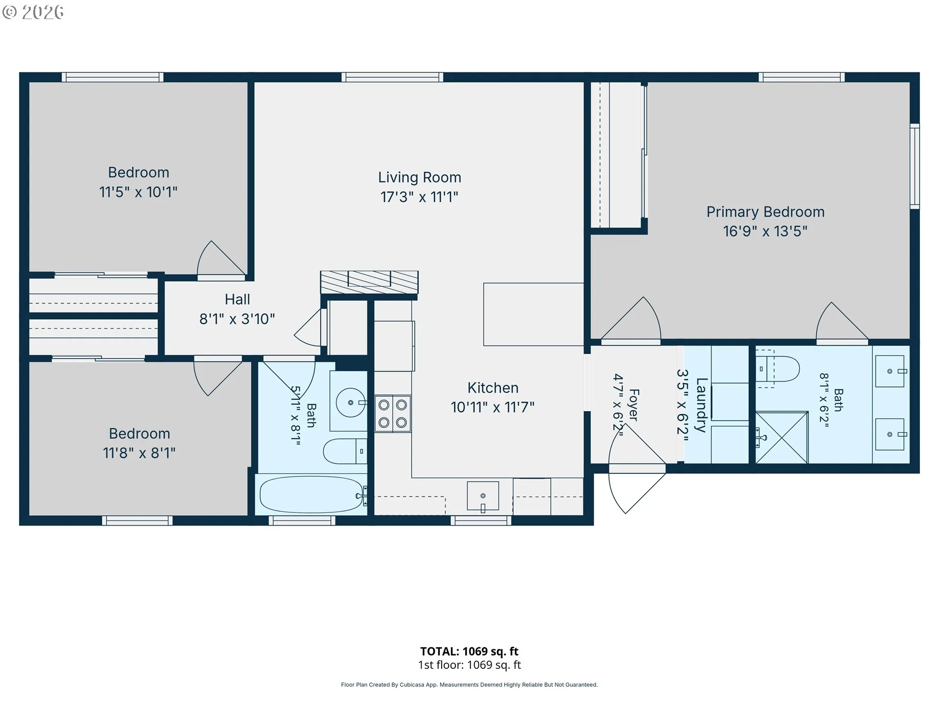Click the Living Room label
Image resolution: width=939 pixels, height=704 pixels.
[419, 177]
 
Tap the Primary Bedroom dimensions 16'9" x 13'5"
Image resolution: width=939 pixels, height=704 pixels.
[765, 231]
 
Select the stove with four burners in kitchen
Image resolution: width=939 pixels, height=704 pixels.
[393, 414]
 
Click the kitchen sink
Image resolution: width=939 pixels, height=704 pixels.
[483, 496]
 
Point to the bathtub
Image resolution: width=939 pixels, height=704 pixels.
[311, 494]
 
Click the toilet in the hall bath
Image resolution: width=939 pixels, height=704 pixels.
[345, 451]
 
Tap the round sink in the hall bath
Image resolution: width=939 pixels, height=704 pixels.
[350, 402]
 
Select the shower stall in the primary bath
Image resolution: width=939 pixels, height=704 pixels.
[782, 438]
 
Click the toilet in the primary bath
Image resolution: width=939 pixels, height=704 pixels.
[778, 369]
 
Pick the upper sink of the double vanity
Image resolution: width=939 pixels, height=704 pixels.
[890, 371]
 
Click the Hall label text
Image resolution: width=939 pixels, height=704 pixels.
[237, 299]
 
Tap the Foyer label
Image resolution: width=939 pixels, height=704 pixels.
[634, 405]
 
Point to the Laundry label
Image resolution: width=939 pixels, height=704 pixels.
[701, 405]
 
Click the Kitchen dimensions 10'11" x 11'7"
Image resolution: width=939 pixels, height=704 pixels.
[492, 407]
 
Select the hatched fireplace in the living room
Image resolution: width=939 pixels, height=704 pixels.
[369, 283]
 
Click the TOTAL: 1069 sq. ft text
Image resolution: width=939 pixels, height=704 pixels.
[469, 651]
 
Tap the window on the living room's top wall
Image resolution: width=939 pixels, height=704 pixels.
[392, 77]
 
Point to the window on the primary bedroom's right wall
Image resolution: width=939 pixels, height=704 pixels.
[915, 166]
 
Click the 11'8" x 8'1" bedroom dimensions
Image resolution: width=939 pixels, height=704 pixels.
[139, 453]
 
